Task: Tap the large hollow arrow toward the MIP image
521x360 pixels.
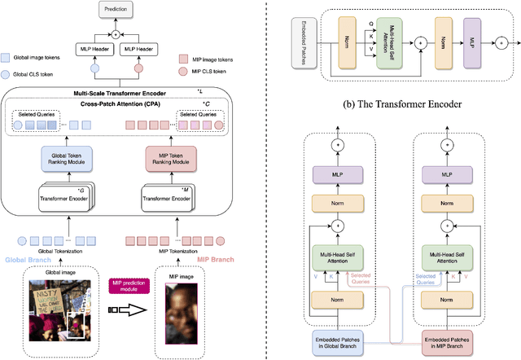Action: (125, 311)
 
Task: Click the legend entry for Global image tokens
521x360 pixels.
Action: (38, 58)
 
